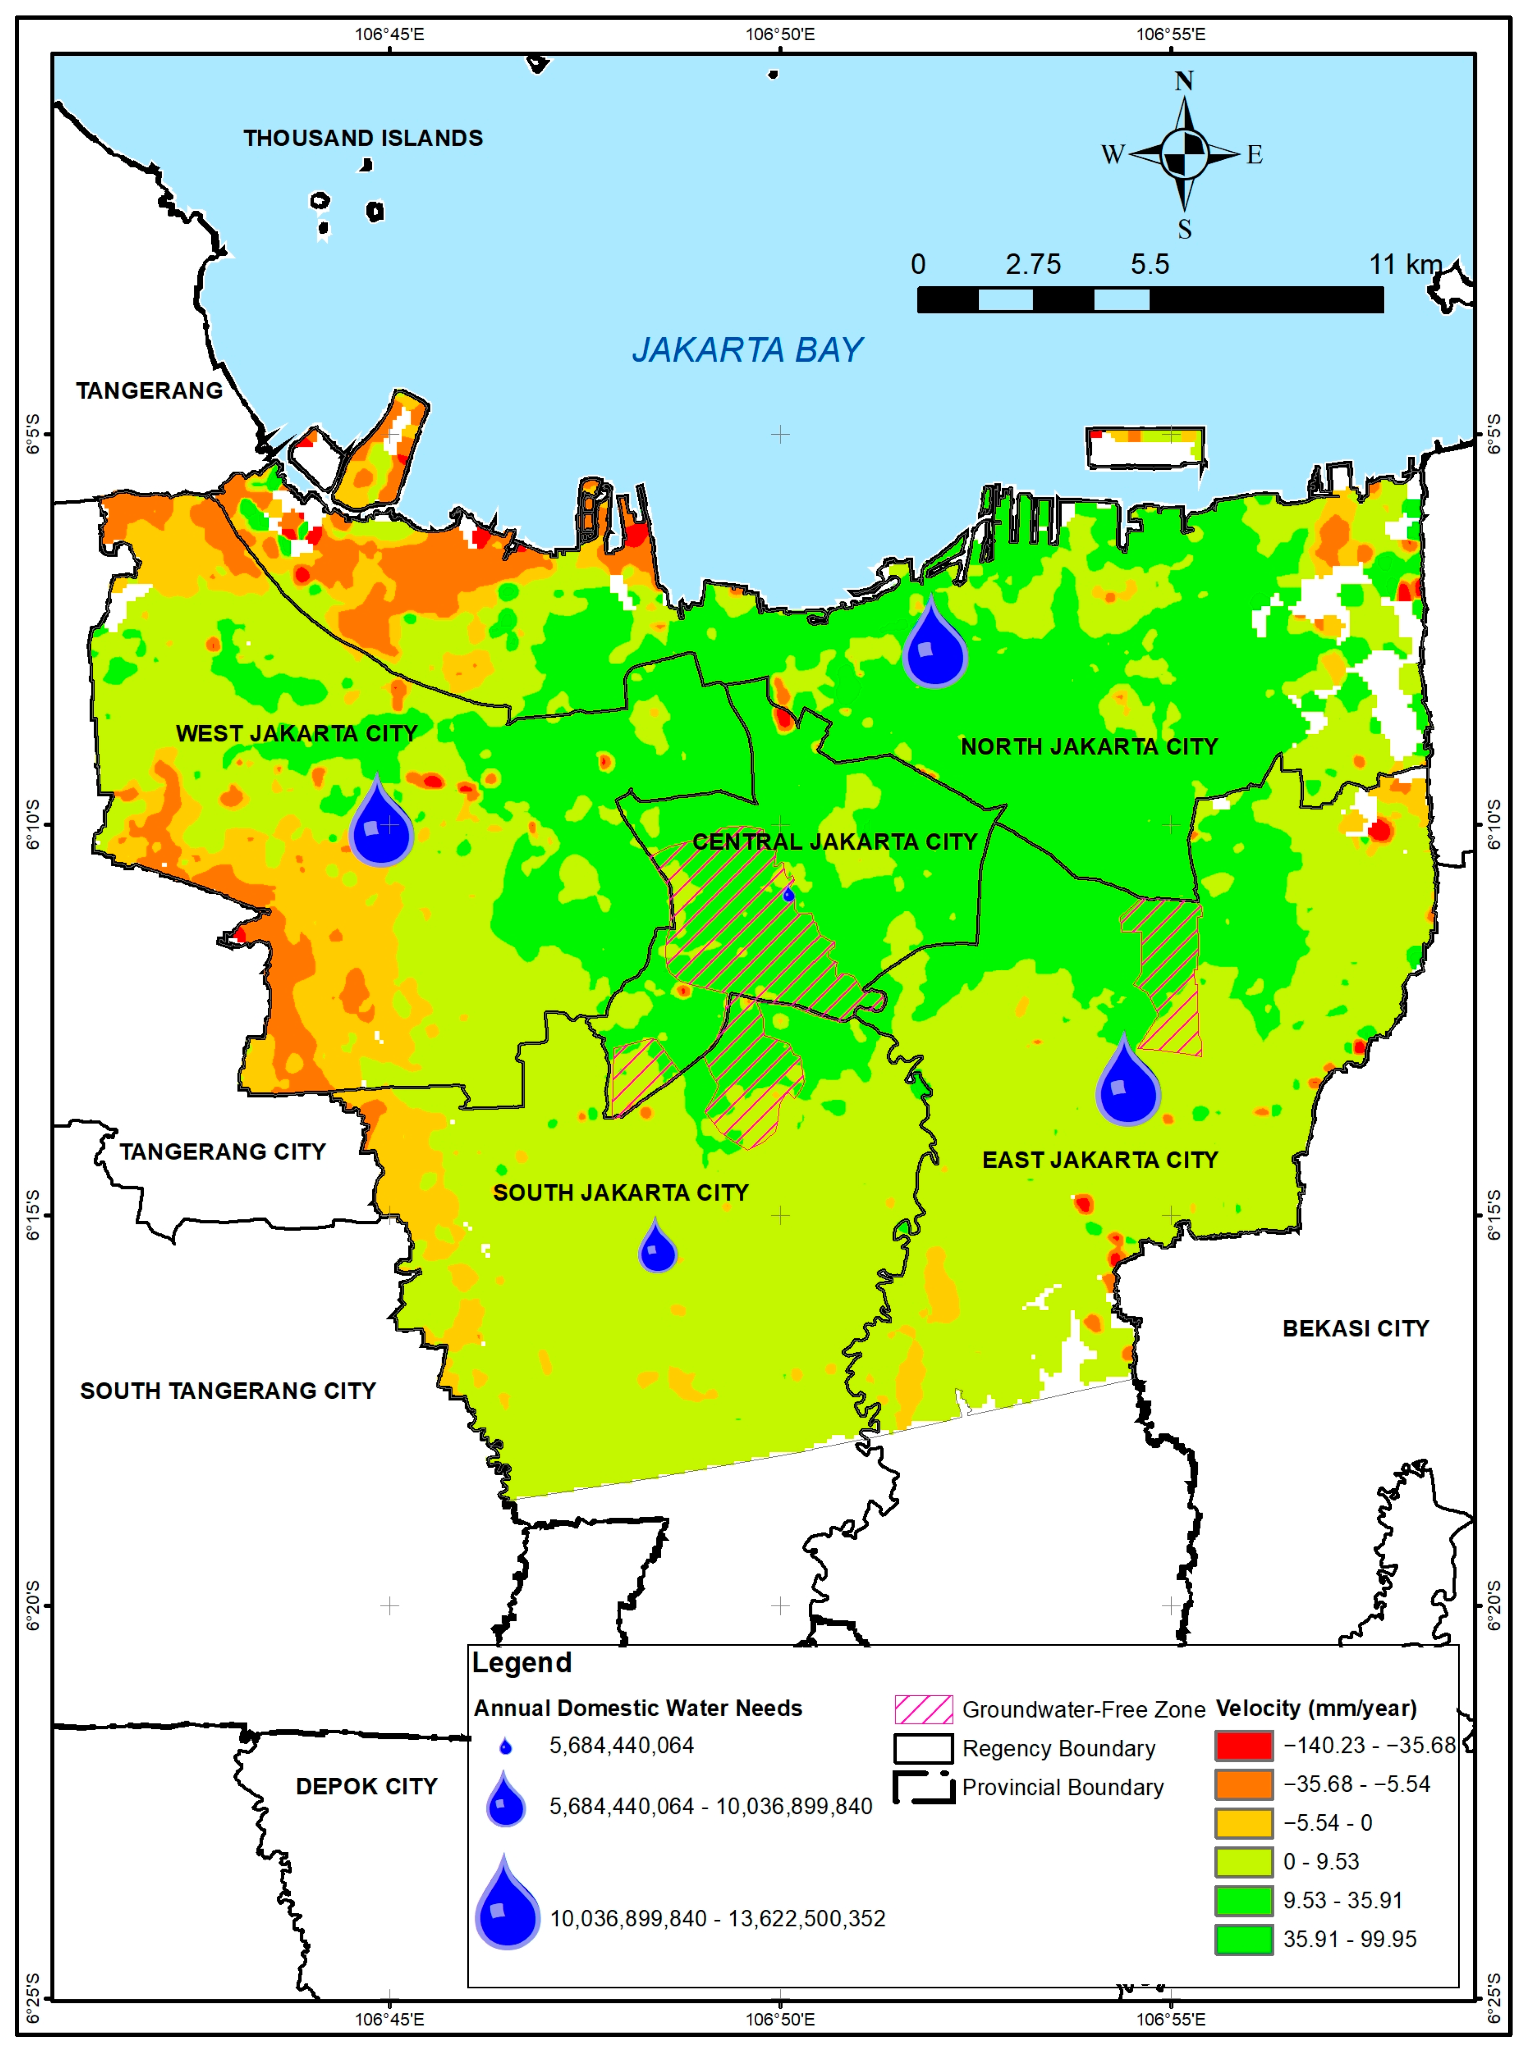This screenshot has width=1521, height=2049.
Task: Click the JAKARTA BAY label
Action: coord(747,350)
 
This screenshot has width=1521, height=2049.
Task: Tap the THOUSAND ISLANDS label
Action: coord(363,138)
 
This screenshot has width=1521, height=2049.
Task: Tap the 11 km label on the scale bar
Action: coord(1404,265)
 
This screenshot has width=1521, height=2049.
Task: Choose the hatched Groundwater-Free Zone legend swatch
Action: coord(923,1709)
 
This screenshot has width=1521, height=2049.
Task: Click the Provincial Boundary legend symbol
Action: coord(923,1787)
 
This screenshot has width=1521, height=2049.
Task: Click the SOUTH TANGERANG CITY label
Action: coord(228,1390)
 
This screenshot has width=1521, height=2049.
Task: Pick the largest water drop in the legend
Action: coord(506,1906)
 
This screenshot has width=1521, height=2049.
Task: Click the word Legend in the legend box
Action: coord(522,1663)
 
